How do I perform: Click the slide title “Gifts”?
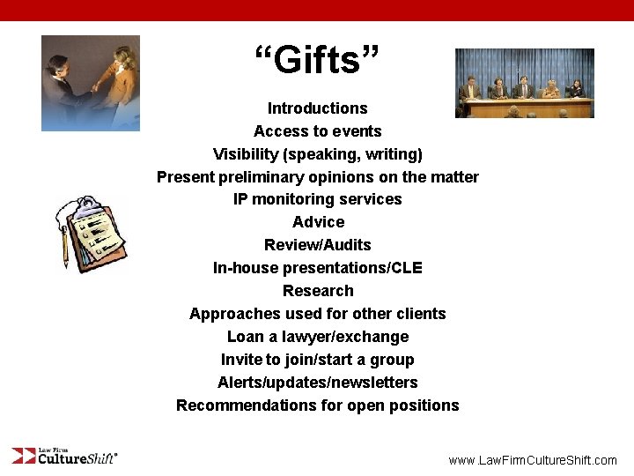tap(317, 61)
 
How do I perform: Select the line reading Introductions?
tap(317, 108)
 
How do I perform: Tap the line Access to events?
tap(317, 131)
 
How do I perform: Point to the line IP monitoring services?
tap(317, 199)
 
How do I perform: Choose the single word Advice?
tap(318, 222)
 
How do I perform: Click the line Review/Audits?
tap(317, 245)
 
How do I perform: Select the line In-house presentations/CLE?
tap(317, 268)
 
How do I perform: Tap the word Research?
tap(318, 291)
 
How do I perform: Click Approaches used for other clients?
tap(317, 314)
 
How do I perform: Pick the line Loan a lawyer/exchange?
tap(317, 337)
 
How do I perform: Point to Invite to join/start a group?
tap(317, 360)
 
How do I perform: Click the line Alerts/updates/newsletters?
tap(317, 383)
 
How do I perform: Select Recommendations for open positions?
tap(317, 405)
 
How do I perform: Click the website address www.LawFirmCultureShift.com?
tap(533, 460)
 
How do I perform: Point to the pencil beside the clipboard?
tap(64, 247)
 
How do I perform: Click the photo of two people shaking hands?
tap(91, 83)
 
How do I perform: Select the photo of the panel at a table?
tap(524, 84)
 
